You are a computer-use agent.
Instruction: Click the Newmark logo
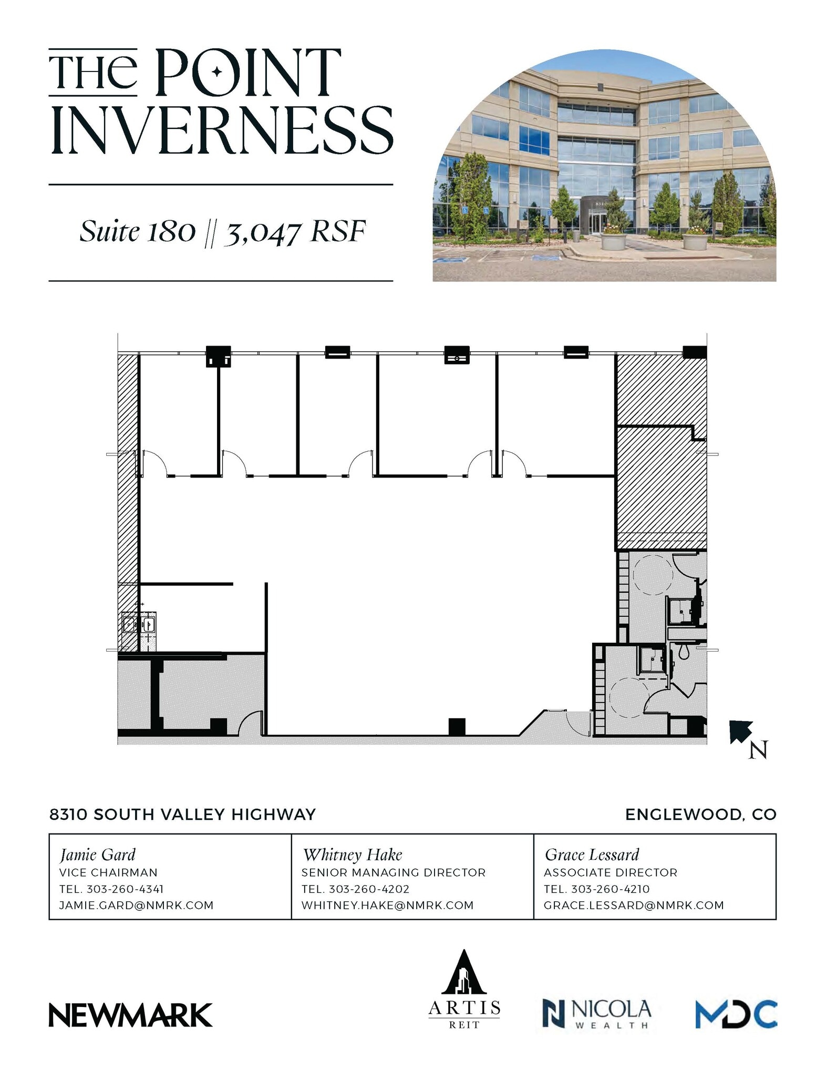(130, 1014)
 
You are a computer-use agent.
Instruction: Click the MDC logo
(736, 1013)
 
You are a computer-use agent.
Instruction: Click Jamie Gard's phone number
(125, 889)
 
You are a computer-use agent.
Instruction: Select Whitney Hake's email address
(387, 905)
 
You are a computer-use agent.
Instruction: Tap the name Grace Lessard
(592, 855)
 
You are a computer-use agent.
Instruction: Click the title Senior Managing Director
(393, 872)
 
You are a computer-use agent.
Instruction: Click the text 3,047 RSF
(295, 232)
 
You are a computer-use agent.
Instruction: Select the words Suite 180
(138, 231)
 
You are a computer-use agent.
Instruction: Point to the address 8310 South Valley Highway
(182, 815)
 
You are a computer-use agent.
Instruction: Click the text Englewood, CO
(700, 815)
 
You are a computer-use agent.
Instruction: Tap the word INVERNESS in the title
(221, 130)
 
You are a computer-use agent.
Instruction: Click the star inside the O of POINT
(216, 72)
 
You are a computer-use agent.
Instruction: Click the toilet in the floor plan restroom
(684, 652)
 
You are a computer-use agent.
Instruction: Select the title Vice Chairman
(108, 872)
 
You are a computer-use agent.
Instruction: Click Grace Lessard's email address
(634, 905)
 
